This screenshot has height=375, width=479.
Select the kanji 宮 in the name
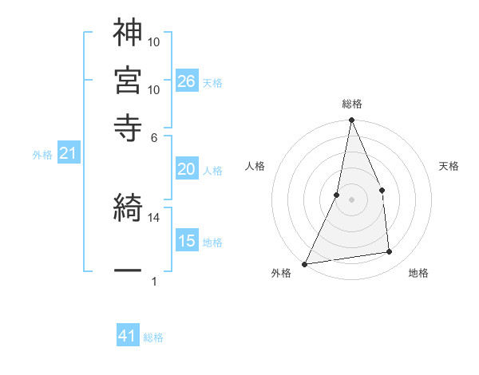[x=128, y=80]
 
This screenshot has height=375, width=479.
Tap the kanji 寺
[x=128, y=126]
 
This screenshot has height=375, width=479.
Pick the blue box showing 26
[x=187, y=81]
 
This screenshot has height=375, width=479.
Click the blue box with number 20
[x=187, y=169]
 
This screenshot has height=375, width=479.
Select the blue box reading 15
[x=187, y=241]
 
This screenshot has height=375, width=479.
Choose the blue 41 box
[x=128, y=336]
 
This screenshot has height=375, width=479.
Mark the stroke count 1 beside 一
[x=154, y=282]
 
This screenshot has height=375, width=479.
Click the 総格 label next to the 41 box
[x=153, y=337]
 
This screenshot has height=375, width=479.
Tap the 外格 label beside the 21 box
[x=42, y=155]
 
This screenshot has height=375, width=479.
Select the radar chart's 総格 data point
[x=351, y=120]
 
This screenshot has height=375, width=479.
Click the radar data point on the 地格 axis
[x=390, y=252]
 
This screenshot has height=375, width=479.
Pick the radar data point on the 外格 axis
[x=305, y=263]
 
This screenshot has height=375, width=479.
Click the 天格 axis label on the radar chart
[x=449, y=167]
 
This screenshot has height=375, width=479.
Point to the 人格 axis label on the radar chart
[x=255, y=167]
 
